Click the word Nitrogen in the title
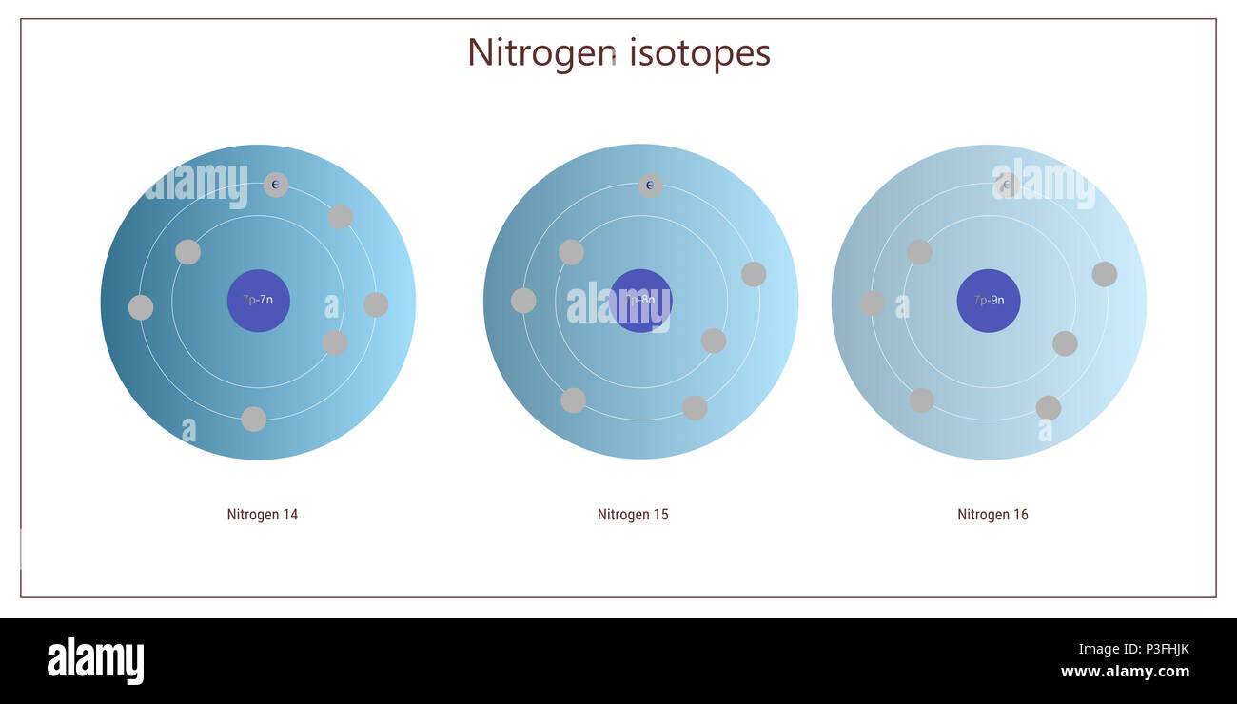click(x=541, y=52)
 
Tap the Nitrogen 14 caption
click(x=262, y=515)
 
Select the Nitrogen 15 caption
click(x=633, y=515)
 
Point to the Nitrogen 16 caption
click(x=992, y=515)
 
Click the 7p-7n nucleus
click(x=258, y=301)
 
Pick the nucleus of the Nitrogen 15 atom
click(x=640, y=301)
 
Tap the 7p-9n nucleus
click(x=989, y=301)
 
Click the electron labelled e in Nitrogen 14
click(x=276, y=185)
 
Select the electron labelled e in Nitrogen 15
click(x=650, y=185)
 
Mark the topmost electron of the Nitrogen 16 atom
click(x=1007, y=185)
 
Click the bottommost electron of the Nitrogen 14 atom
click(x=253, y=419)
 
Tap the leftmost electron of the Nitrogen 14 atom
click(x=141, y=307)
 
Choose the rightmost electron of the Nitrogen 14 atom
click(x=376, y=304)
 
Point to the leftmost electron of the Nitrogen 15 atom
click(x=523, y=301)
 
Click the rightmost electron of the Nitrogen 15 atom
click(x=754, y=274)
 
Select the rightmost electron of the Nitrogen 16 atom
click(x=1104, y=274)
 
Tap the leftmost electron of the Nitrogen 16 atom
click(x=872, y=303)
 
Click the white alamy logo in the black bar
click(x=95, y=661)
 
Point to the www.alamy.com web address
click(x=1125, y=671)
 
